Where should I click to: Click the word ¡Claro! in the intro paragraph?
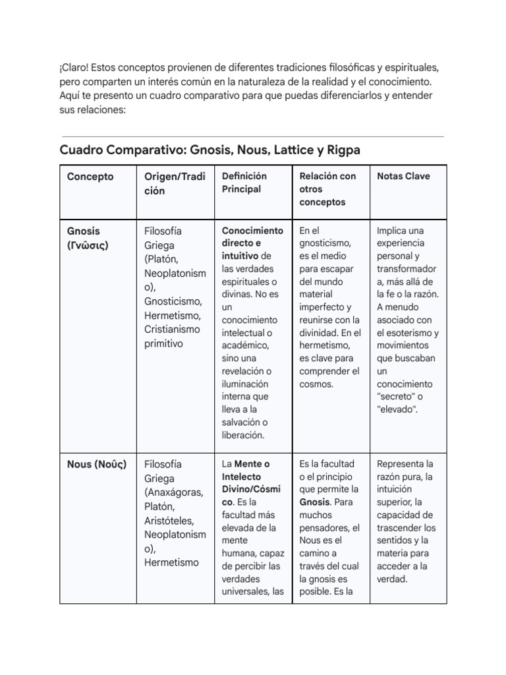[x=75, y=68]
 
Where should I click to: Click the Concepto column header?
[x=90, y=177]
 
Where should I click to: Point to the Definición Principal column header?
[x=244, y=183]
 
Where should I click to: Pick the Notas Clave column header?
[x=403, y=177]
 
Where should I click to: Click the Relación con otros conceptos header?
[x=327, y=189]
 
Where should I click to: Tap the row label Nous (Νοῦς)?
[x=97, y=464]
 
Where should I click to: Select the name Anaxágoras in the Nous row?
[x=173, y=492]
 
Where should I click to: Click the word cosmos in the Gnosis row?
[x=316, y=384]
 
